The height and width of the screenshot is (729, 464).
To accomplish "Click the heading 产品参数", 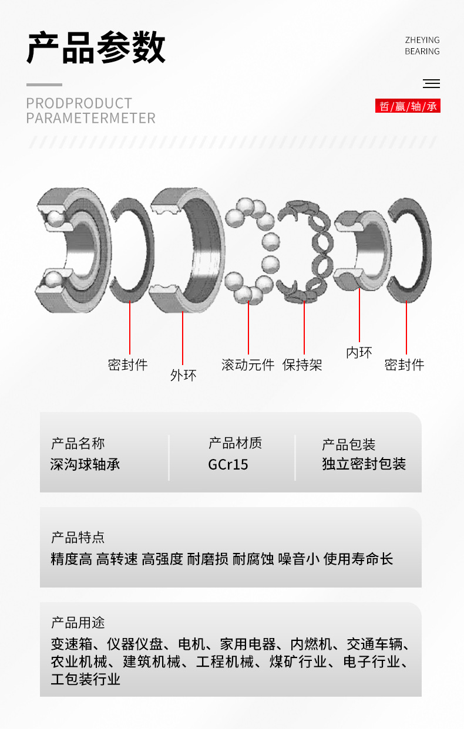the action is coord(96,48).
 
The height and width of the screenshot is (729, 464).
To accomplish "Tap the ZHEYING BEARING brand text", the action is coord(422,46).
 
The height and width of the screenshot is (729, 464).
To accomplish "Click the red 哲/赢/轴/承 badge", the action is coord(408,106).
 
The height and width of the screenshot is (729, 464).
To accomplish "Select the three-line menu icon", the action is coord(431,84).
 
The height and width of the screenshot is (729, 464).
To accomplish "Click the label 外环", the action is coord(183,375).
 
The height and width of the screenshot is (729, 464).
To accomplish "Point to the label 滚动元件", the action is coord(248,365).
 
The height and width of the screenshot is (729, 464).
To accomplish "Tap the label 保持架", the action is coord(302,365).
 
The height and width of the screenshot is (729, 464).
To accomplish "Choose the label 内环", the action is coord(359,352).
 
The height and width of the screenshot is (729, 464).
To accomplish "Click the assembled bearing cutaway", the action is coord(70,249).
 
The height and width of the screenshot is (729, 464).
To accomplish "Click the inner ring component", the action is coord(361,249).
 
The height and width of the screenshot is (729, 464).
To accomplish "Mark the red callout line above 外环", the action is coord(183,338).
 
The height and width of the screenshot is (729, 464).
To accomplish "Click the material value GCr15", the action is coord(228,464).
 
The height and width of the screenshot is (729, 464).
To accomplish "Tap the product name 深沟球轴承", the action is coord(85,464).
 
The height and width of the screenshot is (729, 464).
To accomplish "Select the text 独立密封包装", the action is coord(364,464).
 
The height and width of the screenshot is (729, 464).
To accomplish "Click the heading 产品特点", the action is coord(78,537).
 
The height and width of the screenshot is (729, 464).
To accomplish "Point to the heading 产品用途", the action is coord(78,622).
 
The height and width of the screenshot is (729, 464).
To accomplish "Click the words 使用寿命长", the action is coord(358,559).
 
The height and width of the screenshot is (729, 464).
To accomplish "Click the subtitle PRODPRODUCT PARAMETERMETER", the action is coord(91,110).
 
